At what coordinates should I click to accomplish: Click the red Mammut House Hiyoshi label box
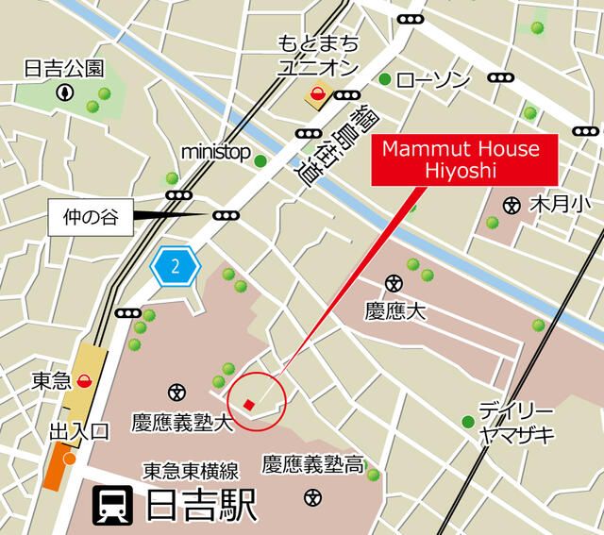pyautogui.click(x=461, y=159)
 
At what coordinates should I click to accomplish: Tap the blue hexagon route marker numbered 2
pyautogui.click(x=175, y=266)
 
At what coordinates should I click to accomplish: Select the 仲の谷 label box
pyautogui.click(x=87, y=217)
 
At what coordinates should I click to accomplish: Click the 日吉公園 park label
pyautogui.click(x=63, y=69)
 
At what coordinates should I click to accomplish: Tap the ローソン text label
pyautogui.click(x=433, y=80)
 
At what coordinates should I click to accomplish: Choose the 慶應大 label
pyautogui.click(x=394, y=310)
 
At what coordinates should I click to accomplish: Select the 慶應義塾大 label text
pyautogui.click(x=181, y=421)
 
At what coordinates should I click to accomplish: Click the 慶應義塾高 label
pyautogui.click(x=312, y=464)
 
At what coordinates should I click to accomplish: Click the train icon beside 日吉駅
pyautogui.click(x=113, y=507)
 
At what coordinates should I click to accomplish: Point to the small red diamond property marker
pyautogui.click(x=248, y=405)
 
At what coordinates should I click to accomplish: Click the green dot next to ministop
pyautogui.click(x=260, y=160)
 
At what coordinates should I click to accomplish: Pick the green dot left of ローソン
pyautogui.click(x=385, y=78)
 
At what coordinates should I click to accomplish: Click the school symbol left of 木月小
pyautogui.click(x=512, y=203)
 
